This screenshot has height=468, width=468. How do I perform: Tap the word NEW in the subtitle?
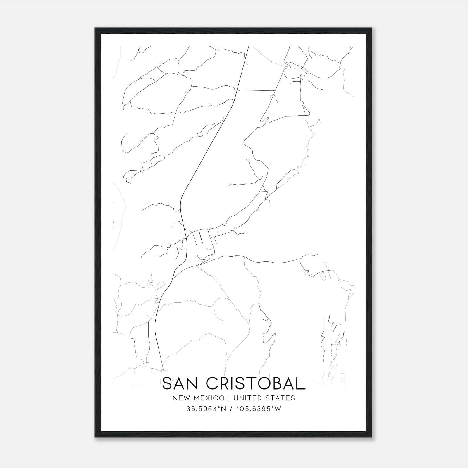[179, 398]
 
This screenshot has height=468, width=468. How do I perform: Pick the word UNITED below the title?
[242, 398]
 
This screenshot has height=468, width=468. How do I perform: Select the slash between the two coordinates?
[231, 409]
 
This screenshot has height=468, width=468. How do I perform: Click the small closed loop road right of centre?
[324, 276]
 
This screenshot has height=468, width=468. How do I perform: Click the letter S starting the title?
[167, 383]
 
